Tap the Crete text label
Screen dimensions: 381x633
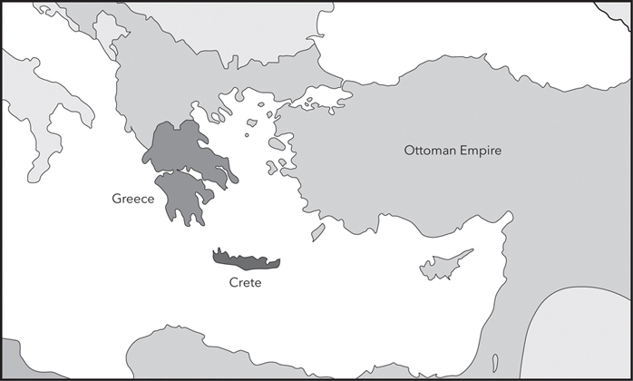(245, 283)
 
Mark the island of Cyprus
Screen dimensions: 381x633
(444, 266)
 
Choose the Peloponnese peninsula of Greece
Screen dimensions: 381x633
(187, 200)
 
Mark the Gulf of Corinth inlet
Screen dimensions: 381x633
(181, 177)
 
